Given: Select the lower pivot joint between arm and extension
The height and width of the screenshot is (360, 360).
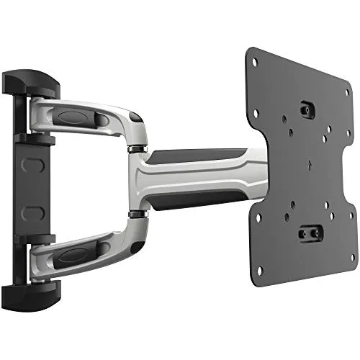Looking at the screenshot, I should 133,213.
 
